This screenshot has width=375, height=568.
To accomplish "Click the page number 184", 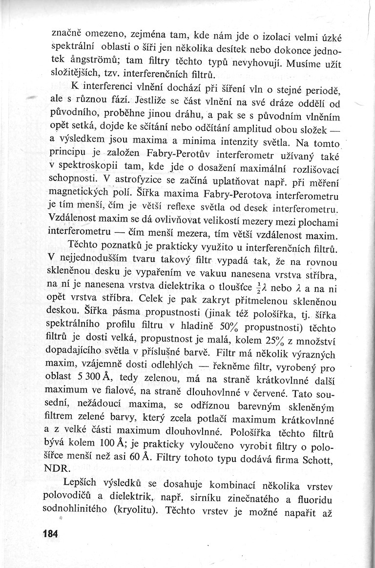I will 50,534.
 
